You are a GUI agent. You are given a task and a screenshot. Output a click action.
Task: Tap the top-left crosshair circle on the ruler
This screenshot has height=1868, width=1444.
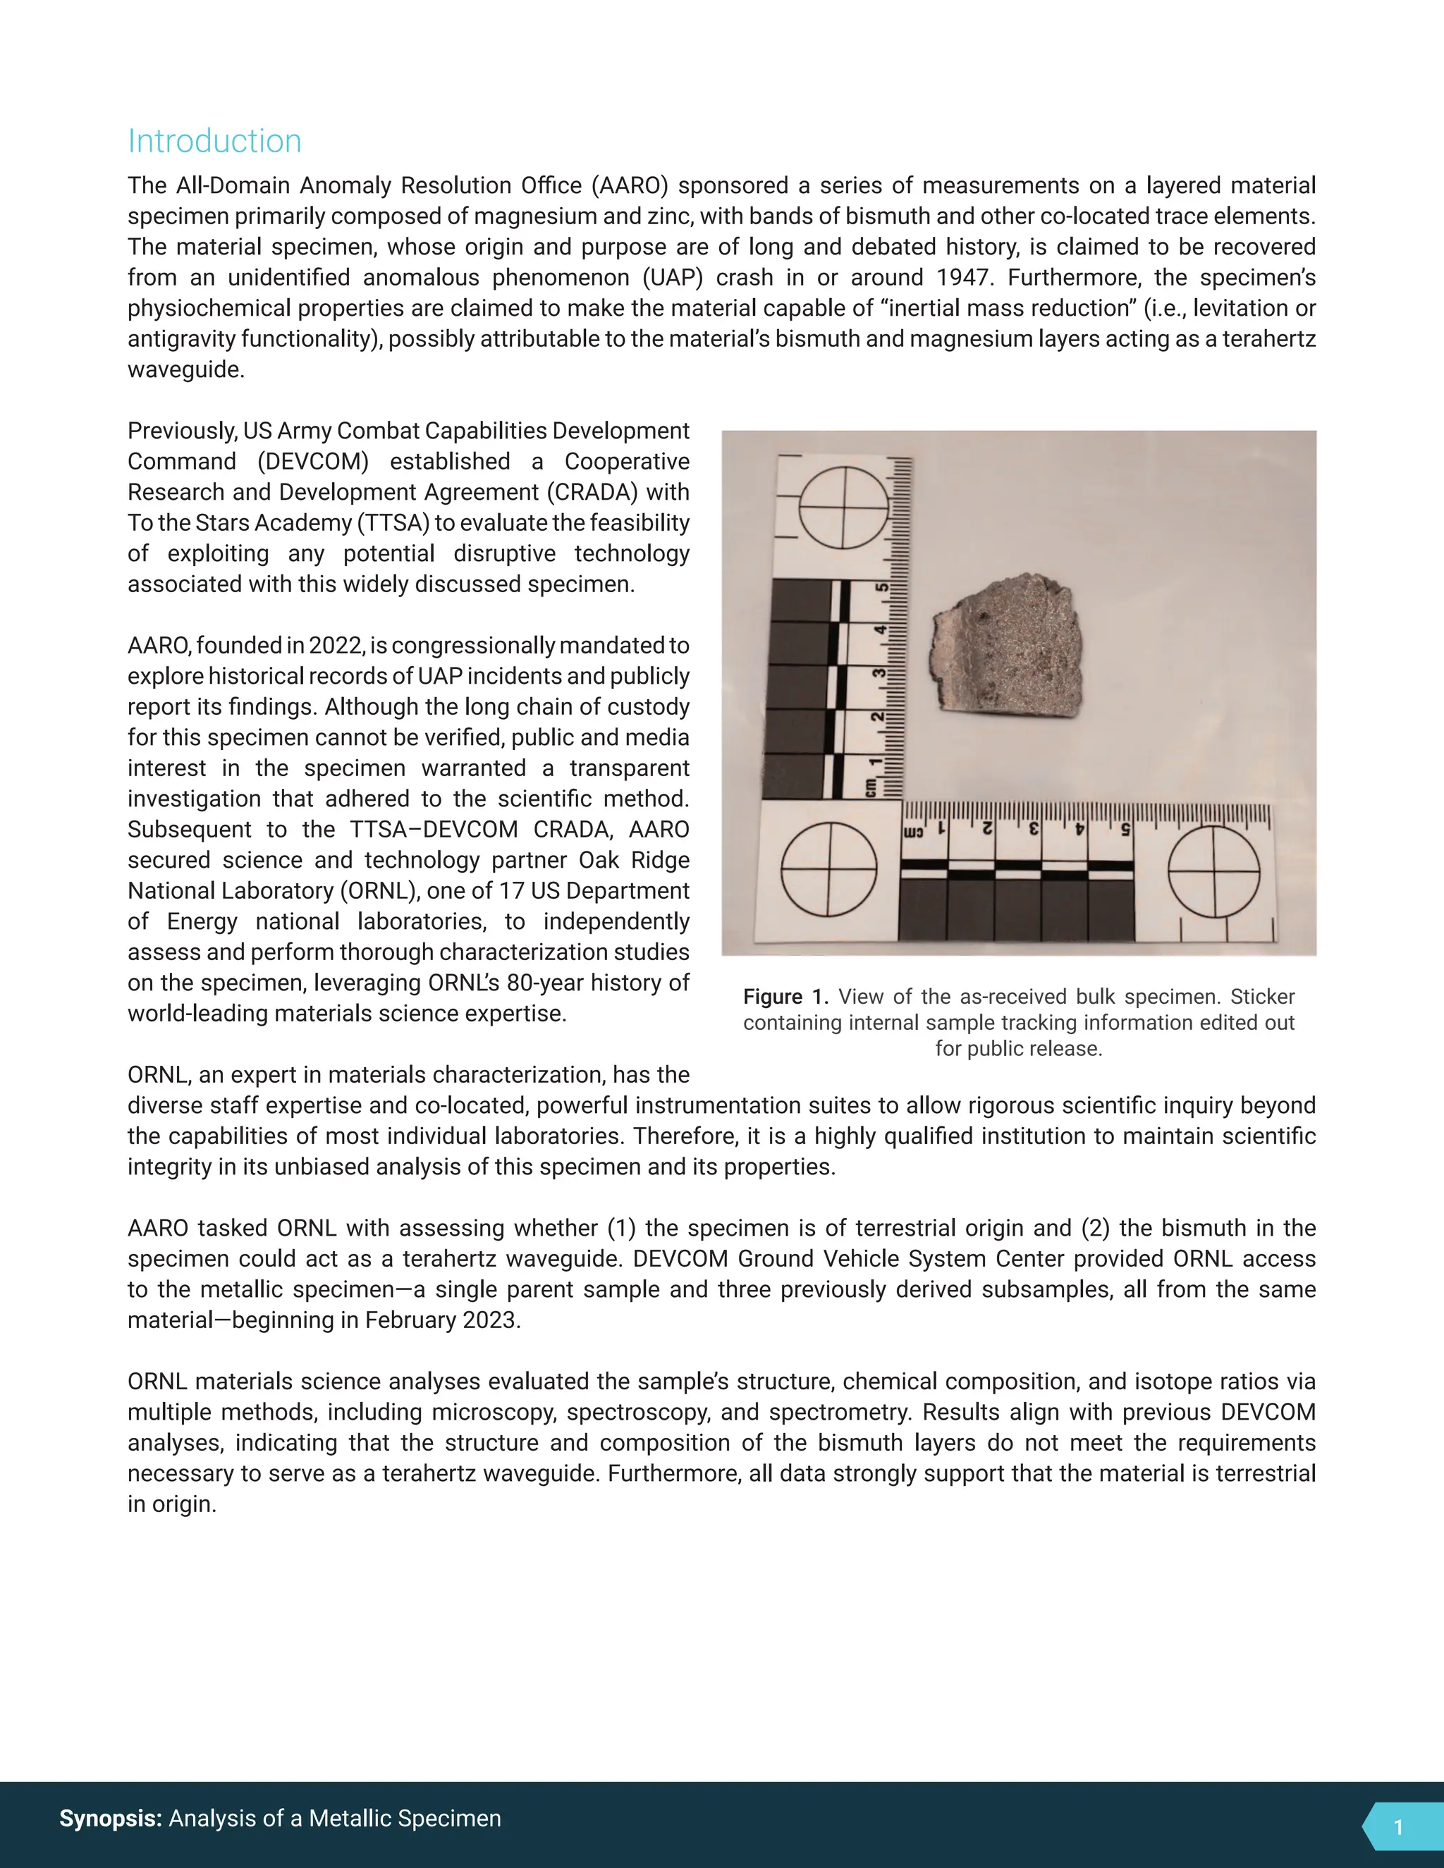pos(843,508)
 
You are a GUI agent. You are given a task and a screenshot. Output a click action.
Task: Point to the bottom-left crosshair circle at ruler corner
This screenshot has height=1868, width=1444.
pos(829,869)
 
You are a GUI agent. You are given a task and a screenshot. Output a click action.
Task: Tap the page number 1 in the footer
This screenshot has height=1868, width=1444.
pos(1397,1827)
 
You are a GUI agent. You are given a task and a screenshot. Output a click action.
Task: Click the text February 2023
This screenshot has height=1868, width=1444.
pos(441,1320)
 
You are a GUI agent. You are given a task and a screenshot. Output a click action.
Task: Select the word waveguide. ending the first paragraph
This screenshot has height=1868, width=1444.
pos(185,369)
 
